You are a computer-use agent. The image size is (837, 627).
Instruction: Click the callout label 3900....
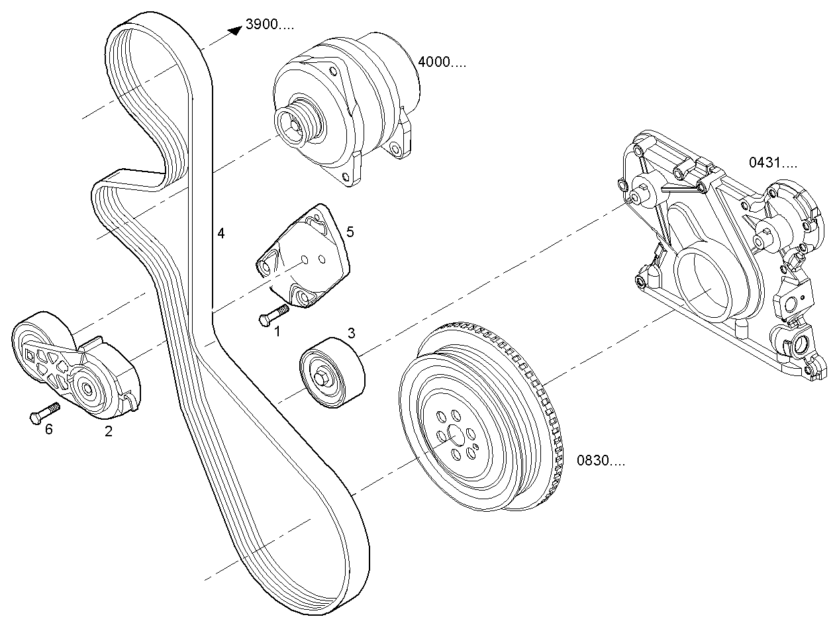coord(268,25)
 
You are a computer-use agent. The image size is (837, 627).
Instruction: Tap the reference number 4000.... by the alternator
coord(441,62)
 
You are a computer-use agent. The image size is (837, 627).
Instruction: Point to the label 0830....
coord(600,461)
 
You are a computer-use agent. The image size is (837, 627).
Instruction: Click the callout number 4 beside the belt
coord(221,232)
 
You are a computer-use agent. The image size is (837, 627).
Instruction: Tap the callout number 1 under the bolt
coord(277,331)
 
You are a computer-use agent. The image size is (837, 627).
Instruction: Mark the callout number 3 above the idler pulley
coord(352,332)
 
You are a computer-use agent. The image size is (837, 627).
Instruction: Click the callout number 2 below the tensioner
coord(109,432)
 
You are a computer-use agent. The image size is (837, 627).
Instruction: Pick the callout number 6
coord(48,429)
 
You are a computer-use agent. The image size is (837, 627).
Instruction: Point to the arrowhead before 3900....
coord(232,30)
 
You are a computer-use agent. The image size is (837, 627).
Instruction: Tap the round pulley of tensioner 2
coord(86,391)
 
